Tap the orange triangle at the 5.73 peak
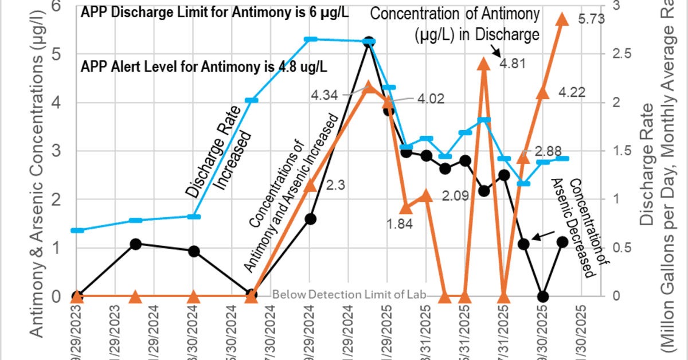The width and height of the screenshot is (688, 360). pos(562,19)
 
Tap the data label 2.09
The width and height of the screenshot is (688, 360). pos(456,195)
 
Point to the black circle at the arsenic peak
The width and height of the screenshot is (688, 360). pos(369,42)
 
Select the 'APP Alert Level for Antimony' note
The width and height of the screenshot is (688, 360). pos(204,66)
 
